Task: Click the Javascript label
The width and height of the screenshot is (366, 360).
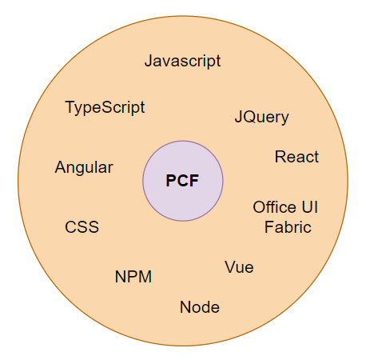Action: (x=182, y=62)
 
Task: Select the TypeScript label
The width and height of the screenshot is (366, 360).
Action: (x=105, y=108)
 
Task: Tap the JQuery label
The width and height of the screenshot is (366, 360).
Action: (x=261, y=118)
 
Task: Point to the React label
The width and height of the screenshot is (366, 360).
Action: (x=296, y=157)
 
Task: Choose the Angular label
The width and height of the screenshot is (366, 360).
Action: (x=84, y=168)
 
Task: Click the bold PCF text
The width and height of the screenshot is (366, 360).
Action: (x=182, y=181)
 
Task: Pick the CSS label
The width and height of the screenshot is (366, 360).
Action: (x=82, y=227)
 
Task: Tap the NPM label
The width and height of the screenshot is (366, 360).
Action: (x=133, y=277)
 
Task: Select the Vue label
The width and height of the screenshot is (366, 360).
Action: (x=239, y=267)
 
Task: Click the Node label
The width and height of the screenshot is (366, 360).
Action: (x=200, y=307)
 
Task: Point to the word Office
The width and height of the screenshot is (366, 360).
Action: (x=274, y=207)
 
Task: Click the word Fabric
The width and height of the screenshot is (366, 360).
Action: (x=288, y=227)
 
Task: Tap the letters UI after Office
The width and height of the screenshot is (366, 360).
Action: (x=310, y=207)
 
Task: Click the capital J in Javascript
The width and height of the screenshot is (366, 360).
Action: (x=149, y=61)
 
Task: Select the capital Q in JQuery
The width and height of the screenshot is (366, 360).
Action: (x=250, y=117)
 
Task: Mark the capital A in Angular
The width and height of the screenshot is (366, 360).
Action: (x=61, y=167)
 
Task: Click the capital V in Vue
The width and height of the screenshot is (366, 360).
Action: (x=231, y=267)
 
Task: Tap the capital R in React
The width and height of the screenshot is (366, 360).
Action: (x=280, y=157)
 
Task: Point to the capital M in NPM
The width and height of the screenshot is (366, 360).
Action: (x=145, y=277)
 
